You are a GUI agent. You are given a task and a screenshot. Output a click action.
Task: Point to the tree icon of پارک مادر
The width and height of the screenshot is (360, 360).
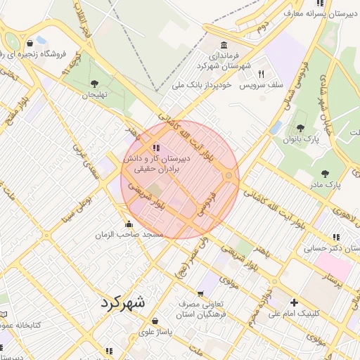324,173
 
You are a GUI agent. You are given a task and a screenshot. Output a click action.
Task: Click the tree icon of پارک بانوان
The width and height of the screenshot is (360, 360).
300,128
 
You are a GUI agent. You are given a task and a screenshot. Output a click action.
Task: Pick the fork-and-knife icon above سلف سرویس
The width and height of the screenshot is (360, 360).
260,73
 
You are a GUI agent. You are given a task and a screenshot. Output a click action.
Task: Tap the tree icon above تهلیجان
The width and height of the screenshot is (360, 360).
94,84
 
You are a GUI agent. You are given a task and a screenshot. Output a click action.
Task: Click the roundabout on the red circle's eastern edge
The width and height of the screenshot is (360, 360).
229,175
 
